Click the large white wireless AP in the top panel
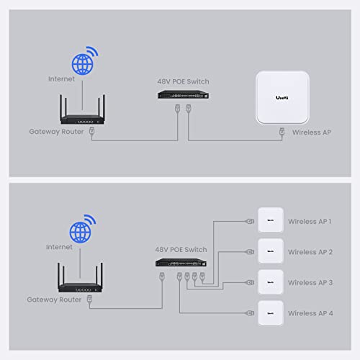pyautogui.click(x=288, y=98)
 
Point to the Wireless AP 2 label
pyautogui.click(x=310, y=252)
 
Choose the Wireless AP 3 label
pyautogui.click(x=310, y=283)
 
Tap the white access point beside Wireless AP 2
pyautogui.click(x=269, y=251)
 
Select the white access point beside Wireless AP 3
pyautogui.click(x=269, y=282)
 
